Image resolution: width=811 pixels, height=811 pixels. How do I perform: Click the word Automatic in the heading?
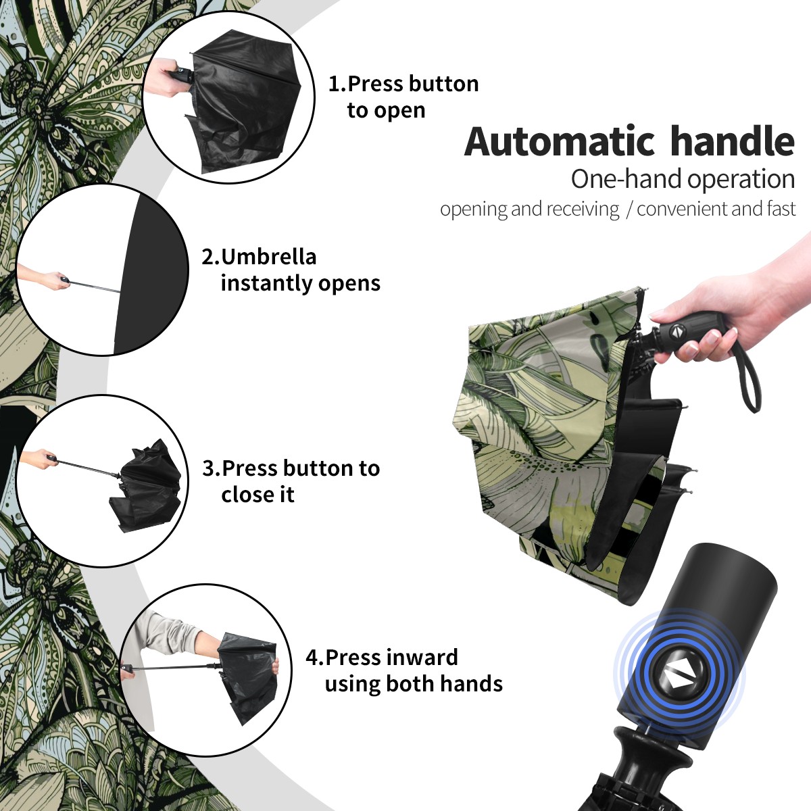[560, 141]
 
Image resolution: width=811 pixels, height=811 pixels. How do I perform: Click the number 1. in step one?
[337, 84]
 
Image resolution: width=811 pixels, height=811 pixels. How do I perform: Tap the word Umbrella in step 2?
[268, 257]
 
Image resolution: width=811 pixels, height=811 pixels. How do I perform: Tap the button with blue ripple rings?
[679, 677]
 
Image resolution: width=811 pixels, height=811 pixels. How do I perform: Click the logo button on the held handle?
[677, 332]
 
